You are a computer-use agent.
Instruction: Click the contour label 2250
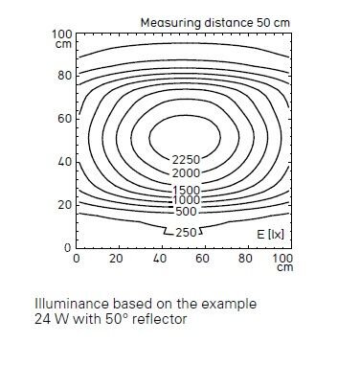coord(186,160)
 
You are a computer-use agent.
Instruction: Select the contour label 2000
coord(186,173)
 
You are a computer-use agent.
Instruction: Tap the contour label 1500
coord(186,191)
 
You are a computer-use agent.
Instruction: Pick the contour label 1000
coord(186,200)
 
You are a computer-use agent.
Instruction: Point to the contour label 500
coord(187,212)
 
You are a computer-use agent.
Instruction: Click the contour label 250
coord(187,233)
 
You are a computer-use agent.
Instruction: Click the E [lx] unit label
coord(270,235)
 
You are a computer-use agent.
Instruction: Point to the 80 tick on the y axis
coord(65,76)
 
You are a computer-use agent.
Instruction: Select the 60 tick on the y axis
coord(65,119)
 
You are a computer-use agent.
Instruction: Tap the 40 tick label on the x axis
coord(160,258)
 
